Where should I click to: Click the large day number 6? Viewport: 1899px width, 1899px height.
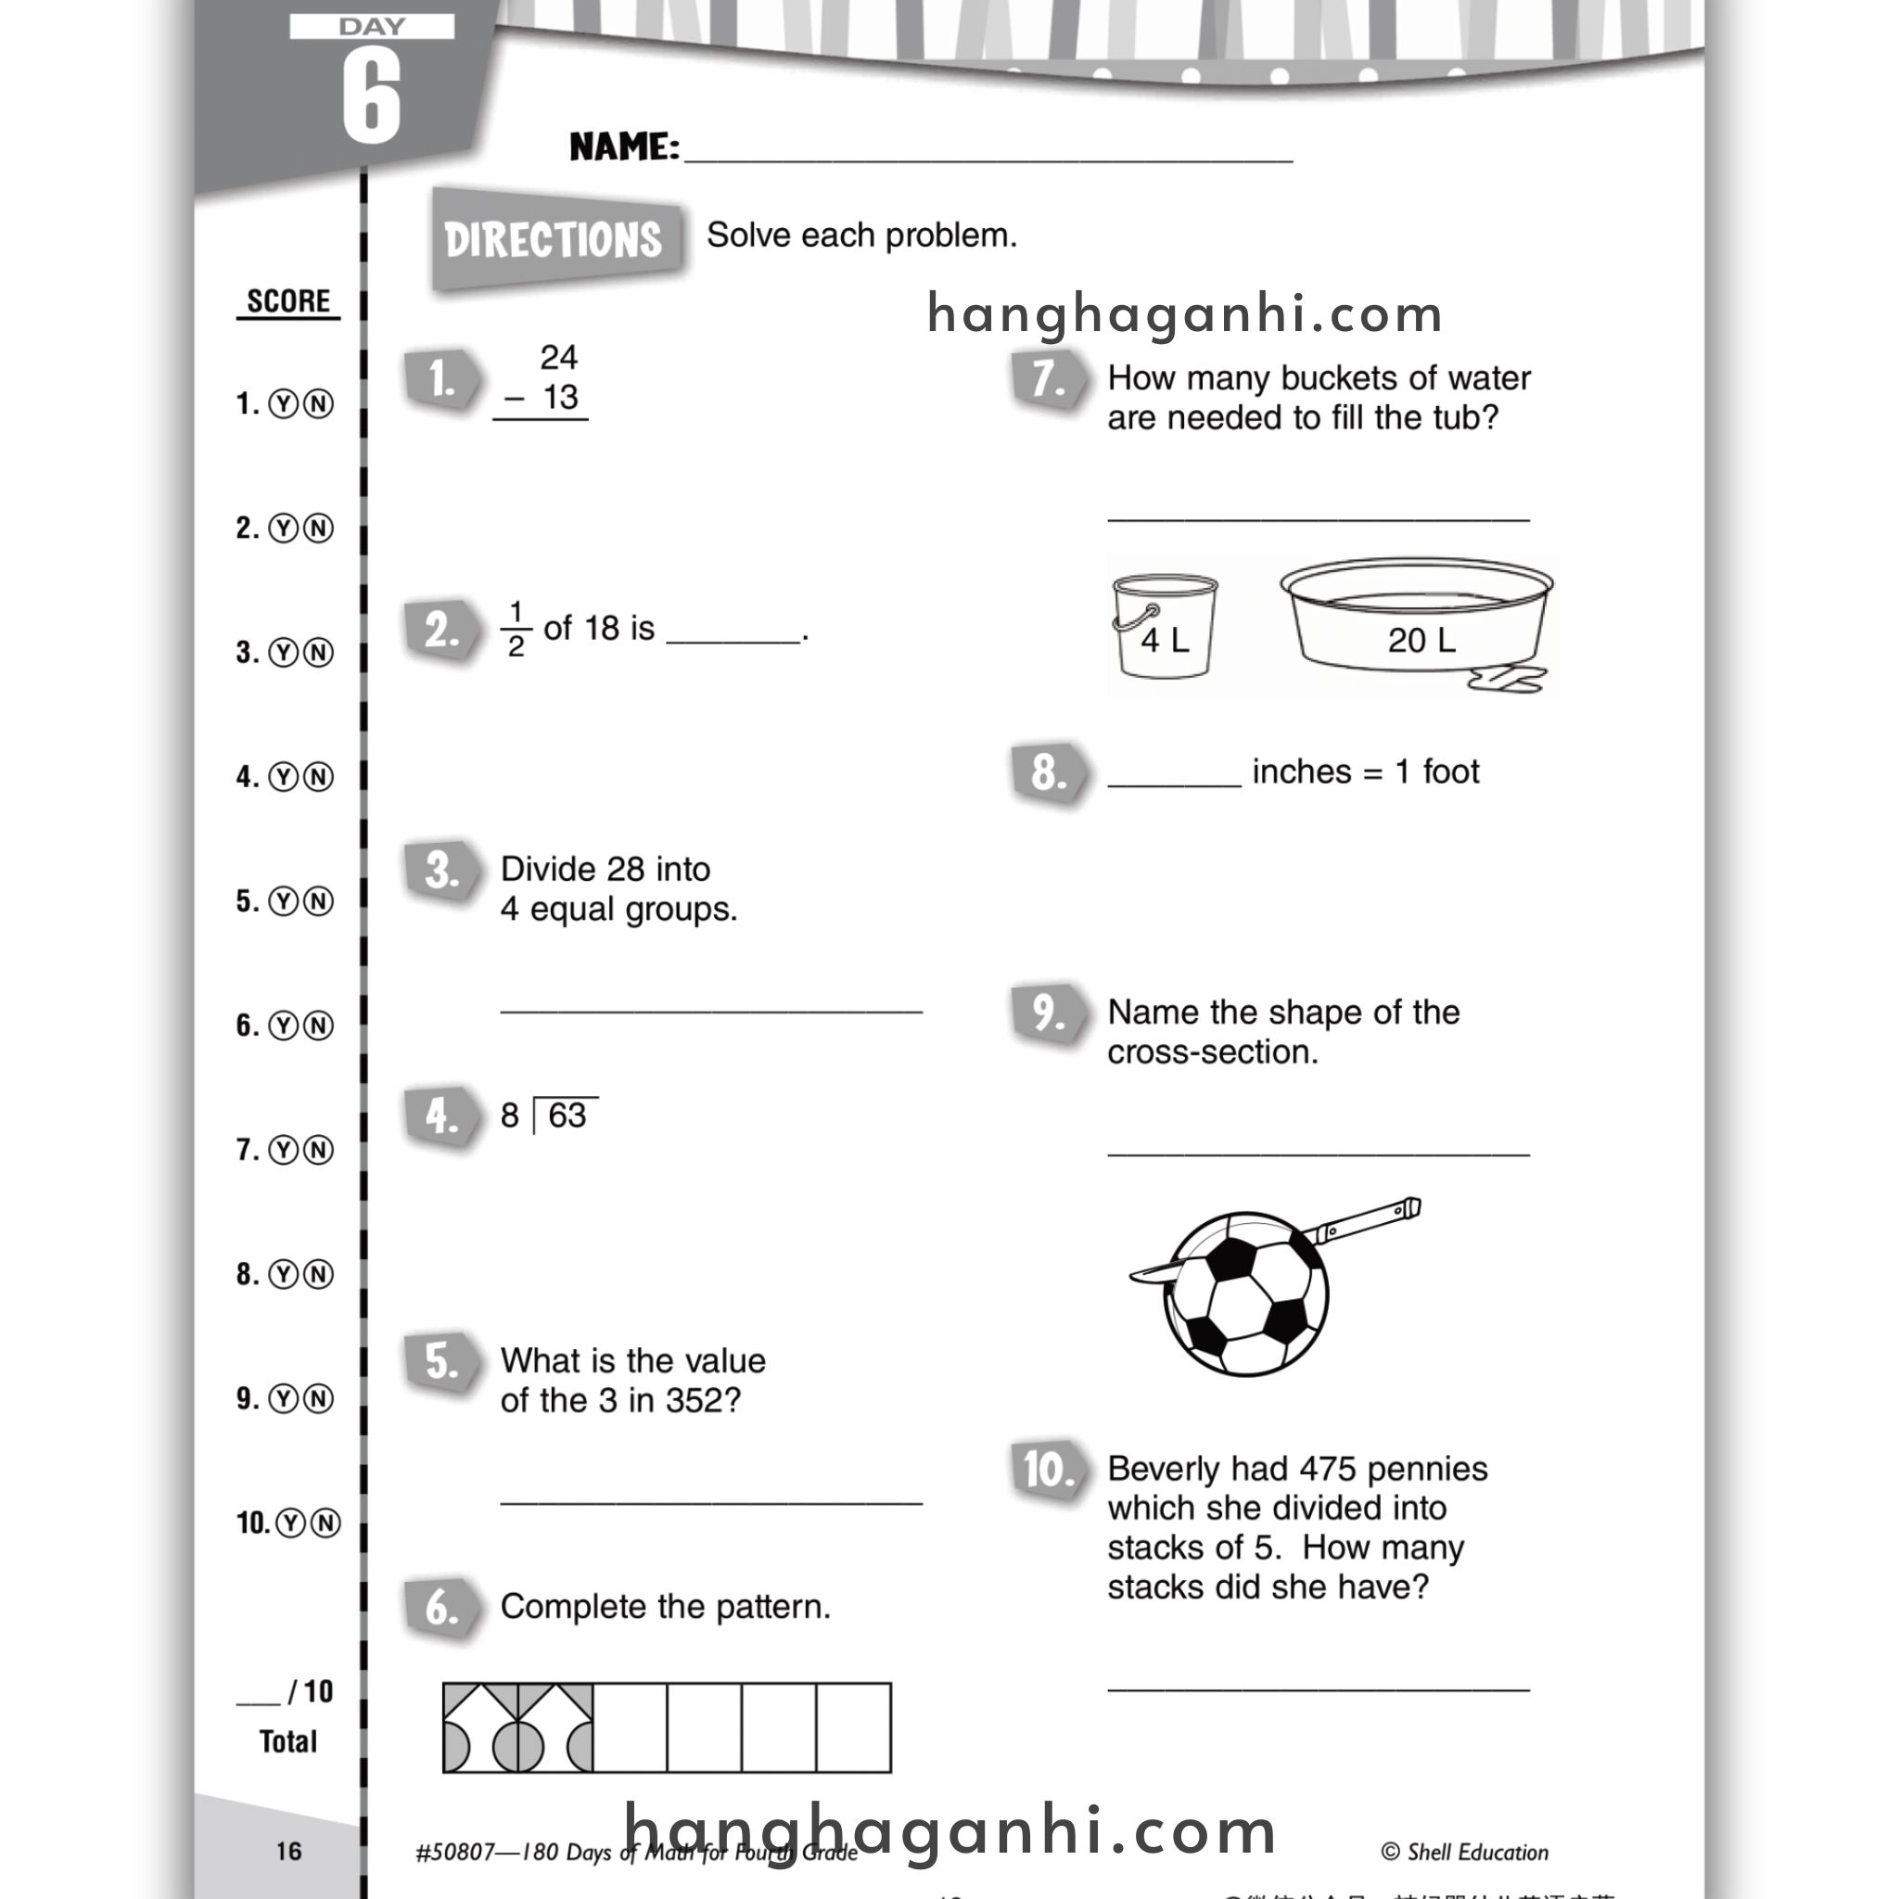(372, 96)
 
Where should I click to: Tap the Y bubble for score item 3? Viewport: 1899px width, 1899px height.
(283, 653)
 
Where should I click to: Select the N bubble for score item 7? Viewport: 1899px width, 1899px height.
(318, 1150)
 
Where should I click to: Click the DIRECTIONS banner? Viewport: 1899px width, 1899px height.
(555, 239)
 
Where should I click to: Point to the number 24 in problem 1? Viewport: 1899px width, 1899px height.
(558, 357)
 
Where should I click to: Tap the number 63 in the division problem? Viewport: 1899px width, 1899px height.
(567, 1115)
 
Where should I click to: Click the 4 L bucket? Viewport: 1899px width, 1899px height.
(1165, 626)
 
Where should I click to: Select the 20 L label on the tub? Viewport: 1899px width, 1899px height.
(1421, 641)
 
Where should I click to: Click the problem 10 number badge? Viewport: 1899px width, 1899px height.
(1049, 1471)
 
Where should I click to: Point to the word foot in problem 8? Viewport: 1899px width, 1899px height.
(1451, 771)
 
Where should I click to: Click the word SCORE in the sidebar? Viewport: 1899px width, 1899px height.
(288, 300)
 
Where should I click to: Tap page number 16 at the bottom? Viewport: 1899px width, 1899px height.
(288, 1851)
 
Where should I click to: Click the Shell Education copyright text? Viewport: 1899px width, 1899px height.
(1464, 1852)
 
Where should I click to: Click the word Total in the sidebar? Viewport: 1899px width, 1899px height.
(288, 1741)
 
